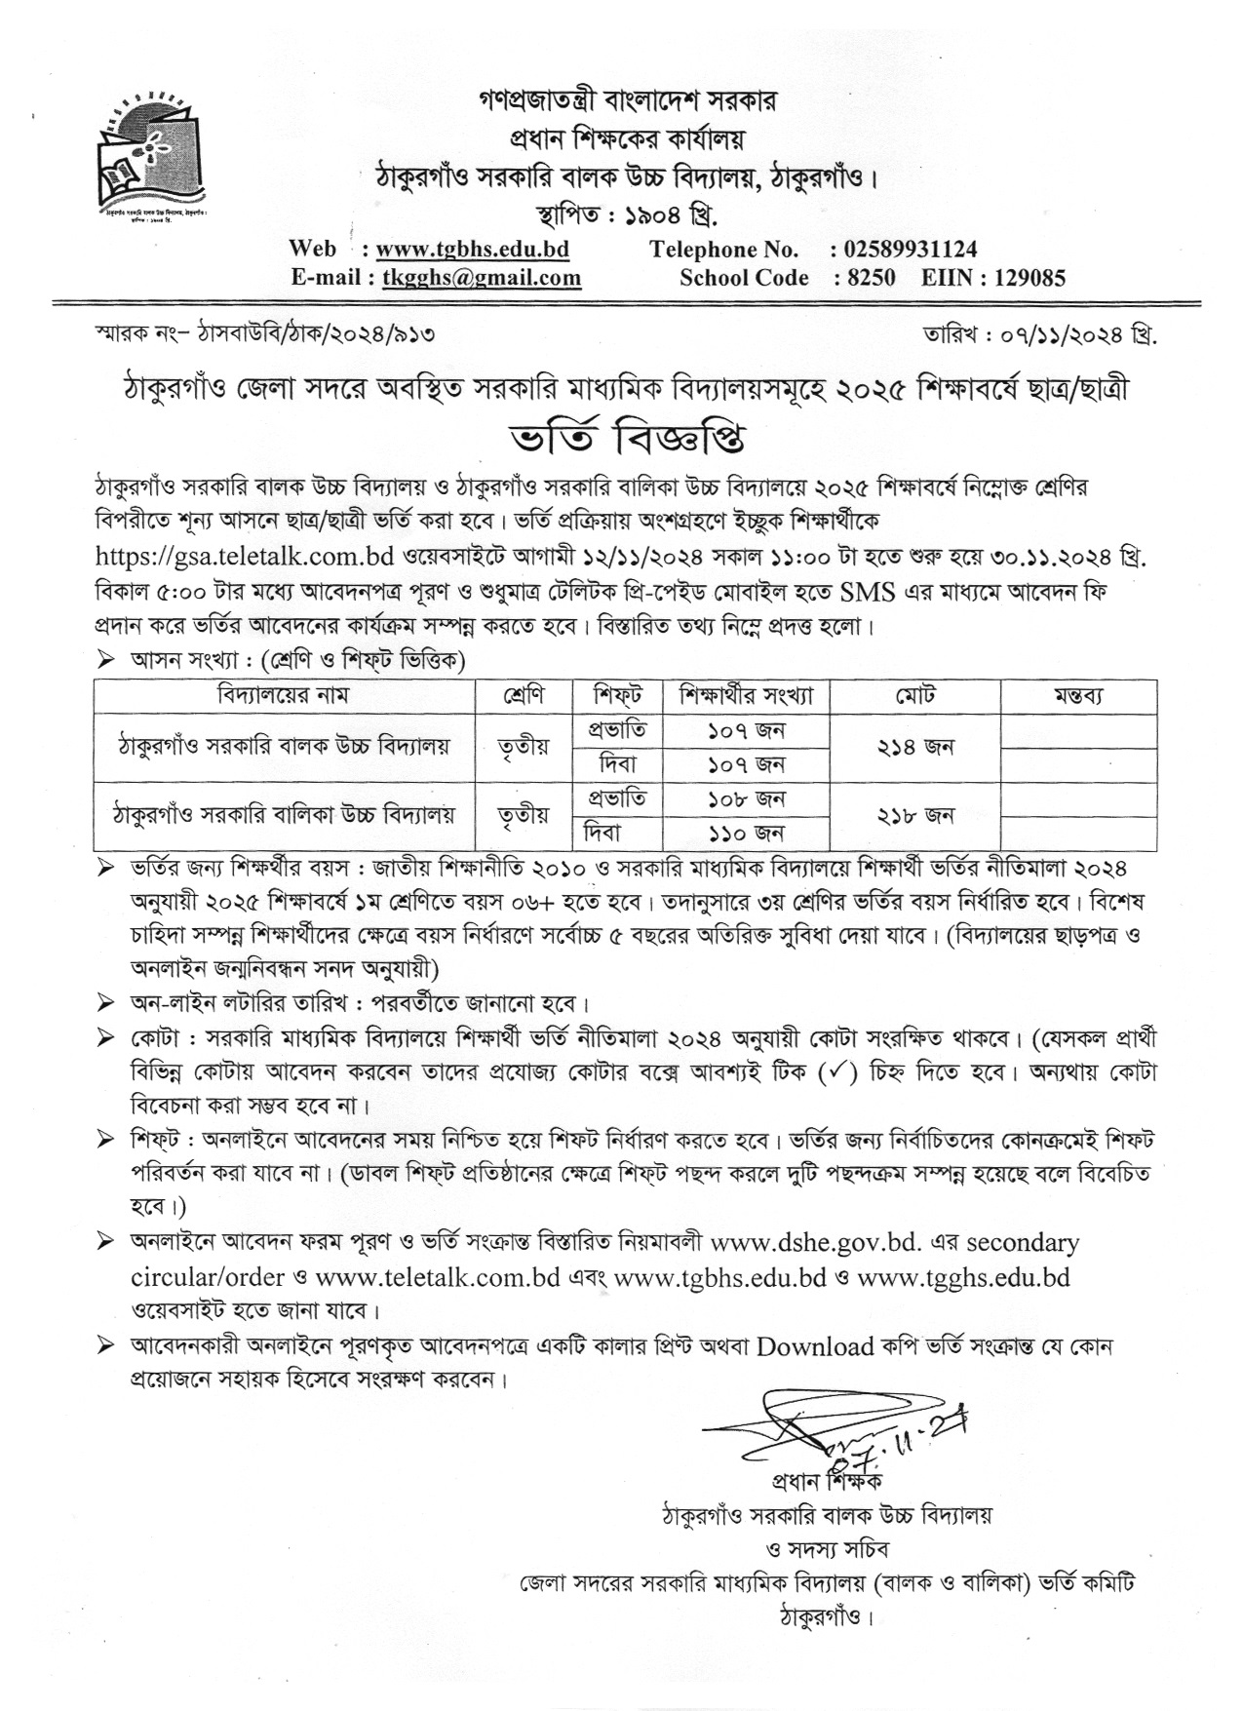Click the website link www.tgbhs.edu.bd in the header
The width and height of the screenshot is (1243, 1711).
click(472, 249)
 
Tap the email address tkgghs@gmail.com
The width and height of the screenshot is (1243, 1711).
click(482, 277)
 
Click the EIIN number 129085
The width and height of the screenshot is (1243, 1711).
click(1029, 277)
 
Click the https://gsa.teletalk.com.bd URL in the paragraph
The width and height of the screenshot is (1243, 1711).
click(244, 558)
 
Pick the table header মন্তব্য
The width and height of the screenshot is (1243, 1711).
click(1077, 696)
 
